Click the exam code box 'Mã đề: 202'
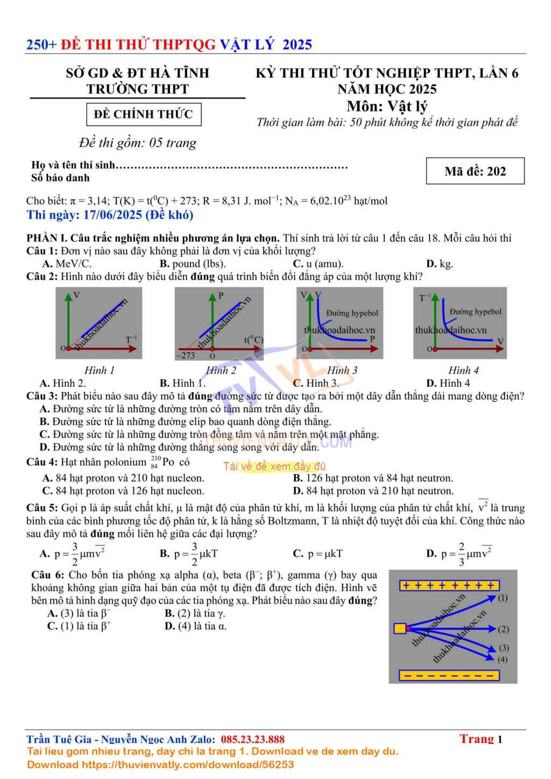pyautogui.click(x=475, y=171)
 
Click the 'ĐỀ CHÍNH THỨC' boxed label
pyautogui.click(x=144, y=114)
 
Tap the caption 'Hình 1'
pyautogui.click(x=100, y=370)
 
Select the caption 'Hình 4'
pyautogui.click(x=463, y=370)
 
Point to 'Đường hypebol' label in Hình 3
pyautogui.click(x=352, y=313)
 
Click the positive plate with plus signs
pyautogui.click(x=449, y=585)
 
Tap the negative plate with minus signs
pyautogui.click(x=449, y=675)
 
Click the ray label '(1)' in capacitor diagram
pyautogui.click(x=503, y=598)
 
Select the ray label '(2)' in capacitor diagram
pyautogui.click(x=504, y=629)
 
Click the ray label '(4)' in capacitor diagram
pyautogui.click(x=503, y=659)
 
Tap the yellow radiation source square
pyautogui.click(x=400, y=628)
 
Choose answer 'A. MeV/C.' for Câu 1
pyautogui.click(x=67, y=264)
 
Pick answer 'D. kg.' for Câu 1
pyautogui.click(x=440, y=264)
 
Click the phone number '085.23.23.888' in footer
pyautogui.click(x=252, y=739)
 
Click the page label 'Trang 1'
pyautogui.click(x=481, y=739)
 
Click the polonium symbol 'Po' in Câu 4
pyautogui.click(x=168, y=462)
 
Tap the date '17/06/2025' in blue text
pyautogui.click(x=112, y=215)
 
